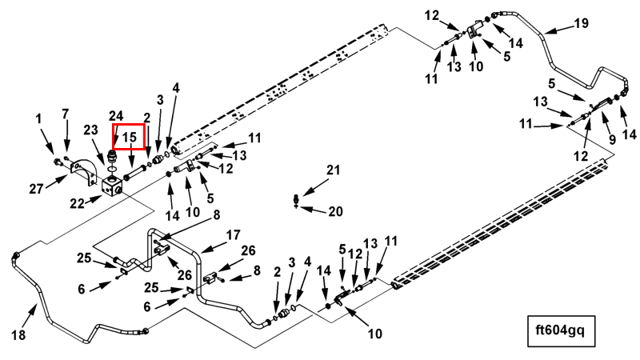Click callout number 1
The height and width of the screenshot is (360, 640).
[x=38, y=119]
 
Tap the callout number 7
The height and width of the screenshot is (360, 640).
[x=66, y=113]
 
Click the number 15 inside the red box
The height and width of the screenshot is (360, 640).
[x=130, y=138]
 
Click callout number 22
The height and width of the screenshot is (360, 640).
[x=77, y=203]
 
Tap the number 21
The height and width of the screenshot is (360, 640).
[x=333, y=170]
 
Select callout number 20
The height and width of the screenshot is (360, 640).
[x=334, y=211]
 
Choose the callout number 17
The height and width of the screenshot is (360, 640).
[x=233, y=234]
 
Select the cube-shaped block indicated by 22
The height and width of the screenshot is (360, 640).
[x=111, y=186]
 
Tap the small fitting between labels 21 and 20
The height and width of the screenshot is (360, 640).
[x=298, y=200]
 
